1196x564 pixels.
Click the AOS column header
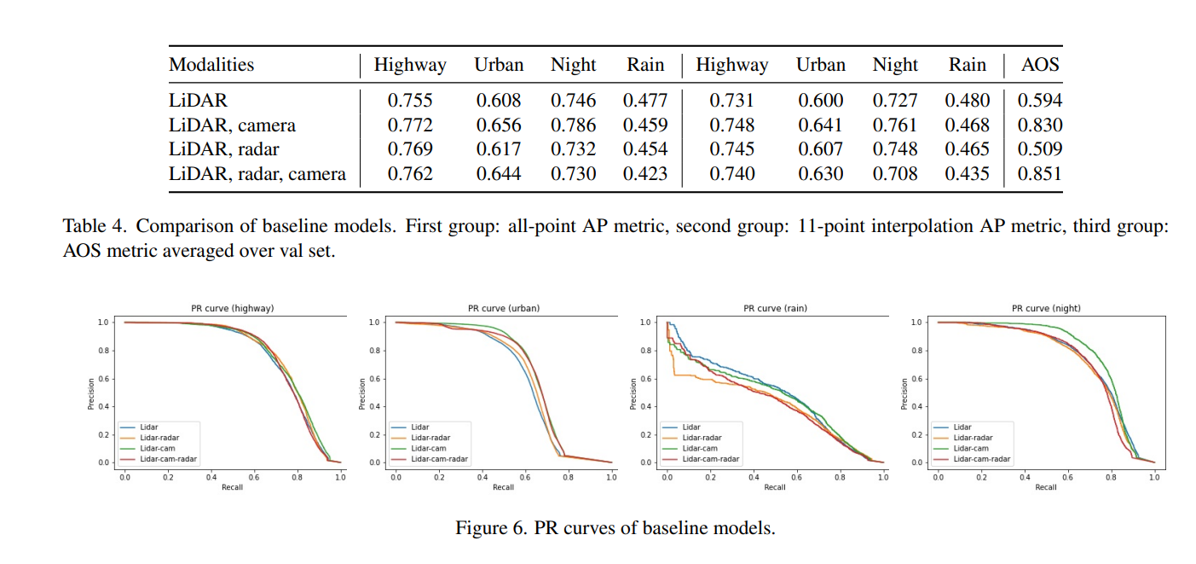tap(1039, 65)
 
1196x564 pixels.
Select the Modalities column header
tap(211, 65)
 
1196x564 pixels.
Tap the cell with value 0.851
tap(1039, 174)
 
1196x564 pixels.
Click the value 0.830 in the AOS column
tap(1039, 125)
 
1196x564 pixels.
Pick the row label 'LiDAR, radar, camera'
tap(257, 174)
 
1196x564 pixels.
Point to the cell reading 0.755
tap(410, 101)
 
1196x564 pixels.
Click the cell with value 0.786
tap(574, 125)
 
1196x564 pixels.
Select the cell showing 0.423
tap(645, 174)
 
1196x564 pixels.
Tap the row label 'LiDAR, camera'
tap(232, 125)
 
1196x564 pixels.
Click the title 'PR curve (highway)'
tap(232, 309)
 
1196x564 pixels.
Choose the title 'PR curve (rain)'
tap(775, 309)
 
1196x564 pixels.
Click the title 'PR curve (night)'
tap(1046, 309)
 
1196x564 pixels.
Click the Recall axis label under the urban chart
tap(504, 487)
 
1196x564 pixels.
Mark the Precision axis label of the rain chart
tap(633, 394)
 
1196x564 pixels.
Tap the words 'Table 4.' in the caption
tap(95, 226)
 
